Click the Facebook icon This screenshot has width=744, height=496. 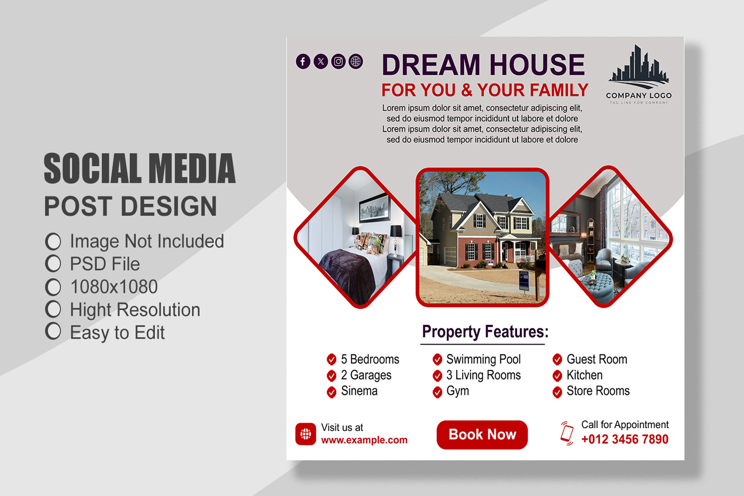tap(303, 61)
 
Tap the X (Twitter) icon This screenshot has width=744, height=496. tap(320, 61)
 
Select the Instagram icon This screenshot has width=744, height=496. tap(338, 61)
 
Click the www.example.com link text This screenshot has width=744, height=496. tap(364, 440)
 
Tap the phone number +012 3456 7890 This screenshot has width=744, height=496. tap(625, 439)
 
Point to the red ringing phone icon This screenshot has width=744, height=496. tap(567, 433)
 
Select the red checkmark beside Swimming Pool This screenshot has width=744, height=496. tap(437, 360)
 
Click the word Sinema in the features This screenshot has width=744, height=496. tap(359, 391)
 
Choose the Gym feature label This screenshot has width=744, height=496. tap(457, 391)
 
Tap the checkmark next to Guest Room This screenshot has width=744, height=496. tap(557, 360)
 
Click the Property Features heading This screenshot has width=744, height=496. tap(485, 332)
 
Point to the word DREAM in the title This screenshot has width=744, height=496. tap(431, 65)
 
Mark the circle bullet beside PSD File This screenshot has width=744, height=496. tap(53, 264)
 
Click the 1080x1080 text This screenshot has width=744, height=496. tap(114, 287)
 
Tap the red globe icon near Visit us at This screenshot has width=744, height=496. tap(306, 434)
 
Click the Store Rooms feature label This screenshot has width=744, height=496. tap(598, 391)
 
